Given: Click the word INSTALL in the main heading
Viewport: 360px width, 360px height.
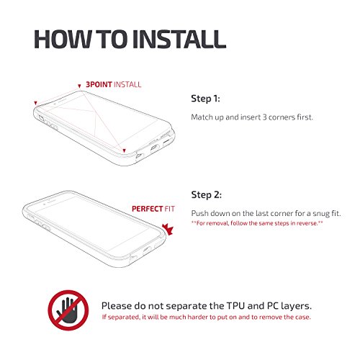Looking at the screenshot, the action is pos(179,39).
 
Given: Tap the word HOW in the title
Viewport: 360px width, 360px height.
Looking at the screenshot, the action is pos(63,39).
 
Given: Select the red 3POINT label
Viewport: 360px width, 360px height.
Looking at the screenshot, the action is pos(99,84).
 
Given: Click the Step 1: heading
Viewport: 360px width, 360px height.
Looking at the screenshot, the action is pos(205,99).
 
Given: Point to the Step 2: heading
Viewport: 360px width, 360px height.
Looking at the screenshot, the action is pos(207,194).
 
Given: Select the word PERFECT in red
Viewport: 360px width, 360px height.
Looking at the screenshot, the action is pos(148,209).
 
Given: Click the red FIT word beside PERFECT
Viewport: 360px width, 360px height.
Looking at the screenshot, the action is pos(170,209).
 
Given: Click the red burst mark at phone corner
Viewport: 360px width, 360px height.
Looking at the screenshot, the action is pos(168,230).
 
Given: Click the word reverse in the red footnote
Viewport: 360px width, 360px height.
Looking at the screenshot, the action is pos(310,223).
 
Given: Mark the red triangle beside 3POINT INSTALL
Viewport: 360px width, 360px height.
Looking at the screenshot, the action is pos(79,86).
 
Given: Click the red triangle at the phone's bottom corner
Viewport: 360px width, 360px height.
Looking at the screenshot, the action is pos(124,150).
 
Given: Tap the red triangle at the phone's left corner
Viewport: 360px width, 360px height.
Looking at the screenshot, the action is pos(35,103).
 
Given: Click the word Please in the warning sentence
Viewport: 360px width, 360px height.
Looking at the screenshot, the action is pos(117,306).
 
